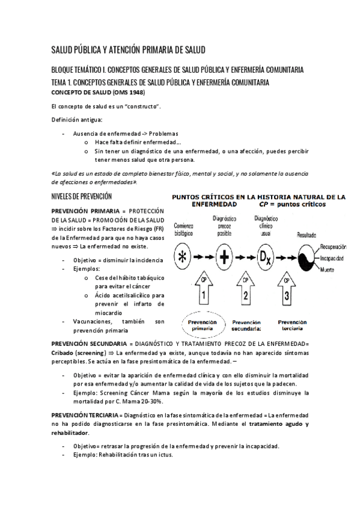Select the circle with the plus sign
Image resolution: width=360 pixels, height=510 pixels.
[224, 257]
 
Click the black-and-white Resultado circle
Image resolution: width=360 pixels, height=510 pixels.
[306, 257]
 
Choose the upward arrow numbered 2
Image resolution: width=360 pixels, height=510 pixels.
[245, 290]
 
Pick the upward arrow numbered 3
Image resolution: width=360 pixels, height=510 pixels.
[287, 290]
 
